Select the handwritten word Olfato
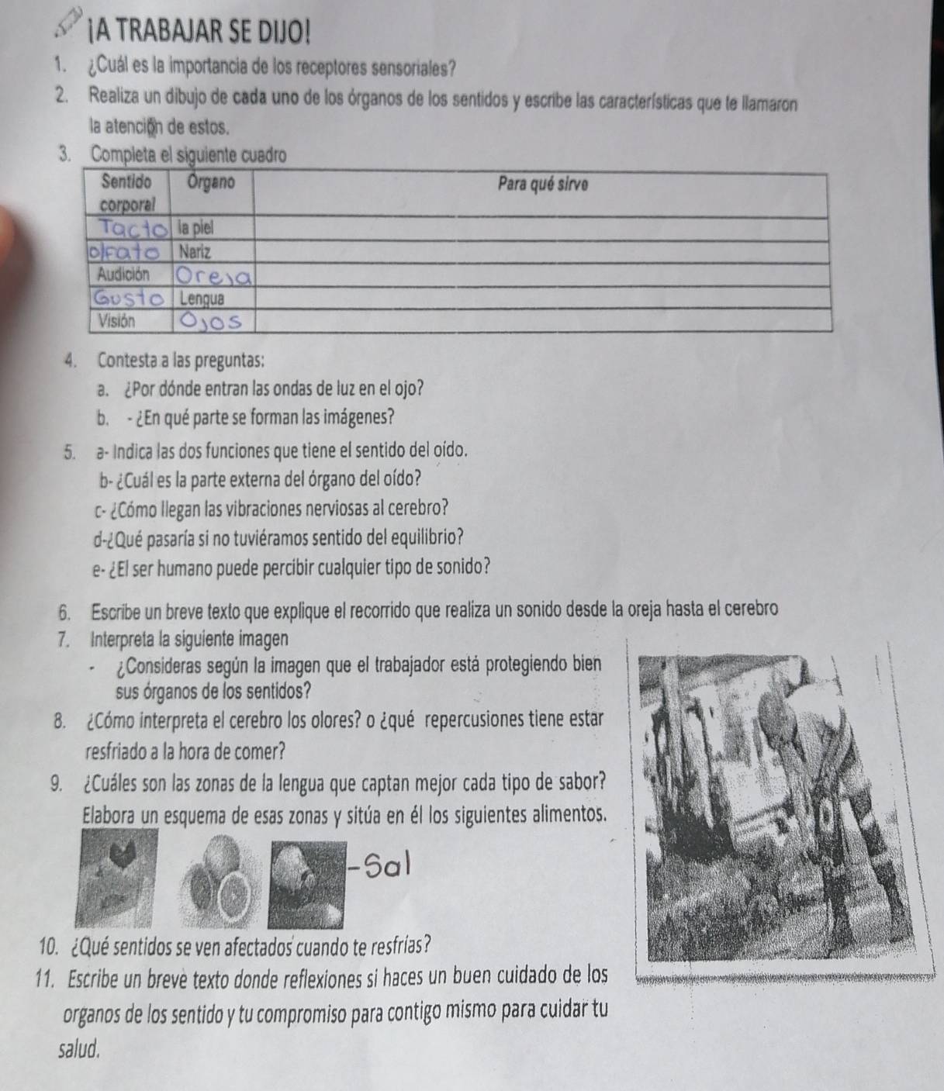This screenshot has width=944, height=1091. click(124, 252)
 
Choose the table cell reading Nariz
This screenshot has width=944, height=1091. click(195, 252)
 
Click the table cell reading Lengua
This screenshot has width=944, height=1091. click(202, 299)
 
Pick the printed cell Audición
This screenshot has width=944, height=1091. click(123, 274)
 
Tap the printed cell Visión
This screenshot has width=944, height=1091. click(116, 321)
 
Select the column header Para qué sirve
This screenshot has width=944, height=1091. click(542, 185)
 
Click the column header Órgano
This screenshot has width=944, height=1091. click(211, 182)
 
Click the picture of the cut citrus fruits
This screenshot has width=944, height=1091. click(221, 880)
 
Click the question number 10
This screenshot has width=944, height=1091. click(49, 943)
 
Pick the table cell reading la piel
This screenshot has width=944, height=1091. click(196, 229)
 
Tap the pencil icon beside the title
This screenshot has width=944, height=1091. click(70, 22)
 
